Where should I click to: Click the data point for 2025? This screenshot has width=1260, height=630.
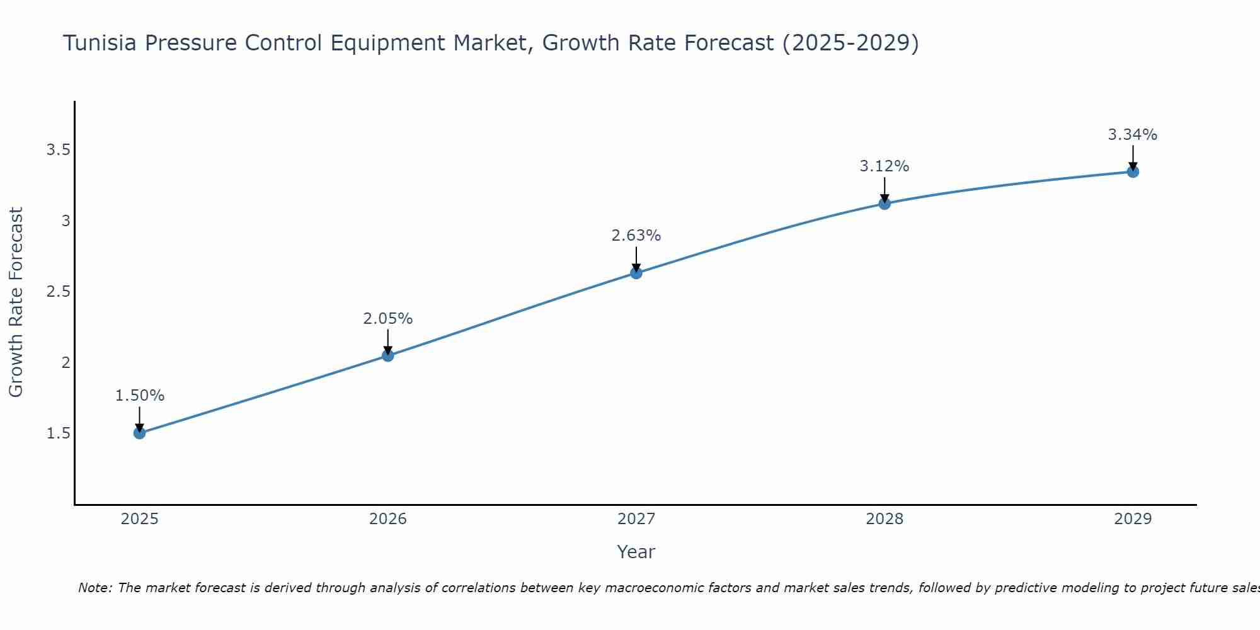[x=140, y=433]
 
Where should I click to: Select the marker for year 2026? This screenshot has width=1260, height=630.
[x=388, y=356]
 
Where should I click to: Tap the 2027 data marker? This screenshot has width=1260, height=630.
[x=636, y=273]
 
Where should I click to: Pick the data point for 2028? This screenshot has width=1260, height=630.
[x=885, y=203]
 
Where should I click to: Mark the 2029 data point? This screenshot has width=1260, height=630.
[x=1133, y=171]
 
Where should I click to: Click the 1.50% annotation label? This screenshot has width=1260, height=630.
[x=140, y=396]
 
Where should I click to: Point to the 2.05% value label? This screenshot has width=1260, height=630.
[x=388, y=319]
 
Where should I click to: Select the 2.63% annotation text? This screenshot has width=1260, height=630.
[x=636, y=236]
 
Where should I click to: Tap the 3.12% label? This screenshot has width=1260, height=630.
[x=885, y=166]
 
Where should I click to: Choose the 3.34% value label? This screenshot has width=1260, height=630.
[x=1133, y=135]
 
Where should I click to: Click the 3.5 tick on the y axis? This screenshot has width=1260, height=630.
[x=58, y=150]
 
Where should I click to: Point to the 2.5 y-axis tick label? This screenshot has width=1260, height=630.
[x=58, y=292]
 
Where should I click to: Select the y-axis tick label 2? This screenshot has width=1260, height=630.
[x=66, y=362]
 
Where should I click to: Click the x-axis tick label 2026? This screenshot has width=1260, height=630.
[x=388, y=519]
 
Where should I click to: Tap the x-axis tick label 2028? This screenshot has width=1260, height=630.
[x=885, y=519]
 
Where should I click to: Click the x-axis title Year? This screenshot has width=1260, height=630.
[x=636, y=552]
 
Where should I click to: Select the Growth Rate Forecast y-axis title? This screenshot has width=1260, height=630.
[x=16, y=302]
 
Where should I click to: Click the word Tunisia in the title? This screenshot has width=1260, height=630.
[x=100, y=43]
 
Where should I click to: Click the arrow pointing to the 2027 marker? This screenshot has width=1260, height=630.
[x=636, y=259]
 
